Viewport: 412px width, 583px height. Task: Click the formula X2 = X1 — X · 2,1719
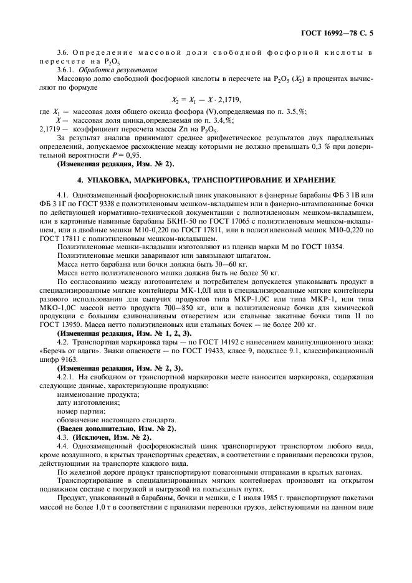pos(206,100)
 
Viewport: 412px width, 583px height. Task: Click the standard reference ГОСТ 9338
pos(99,205)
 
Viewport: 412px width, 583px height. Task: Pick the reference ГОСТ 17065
pos(214,221)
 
